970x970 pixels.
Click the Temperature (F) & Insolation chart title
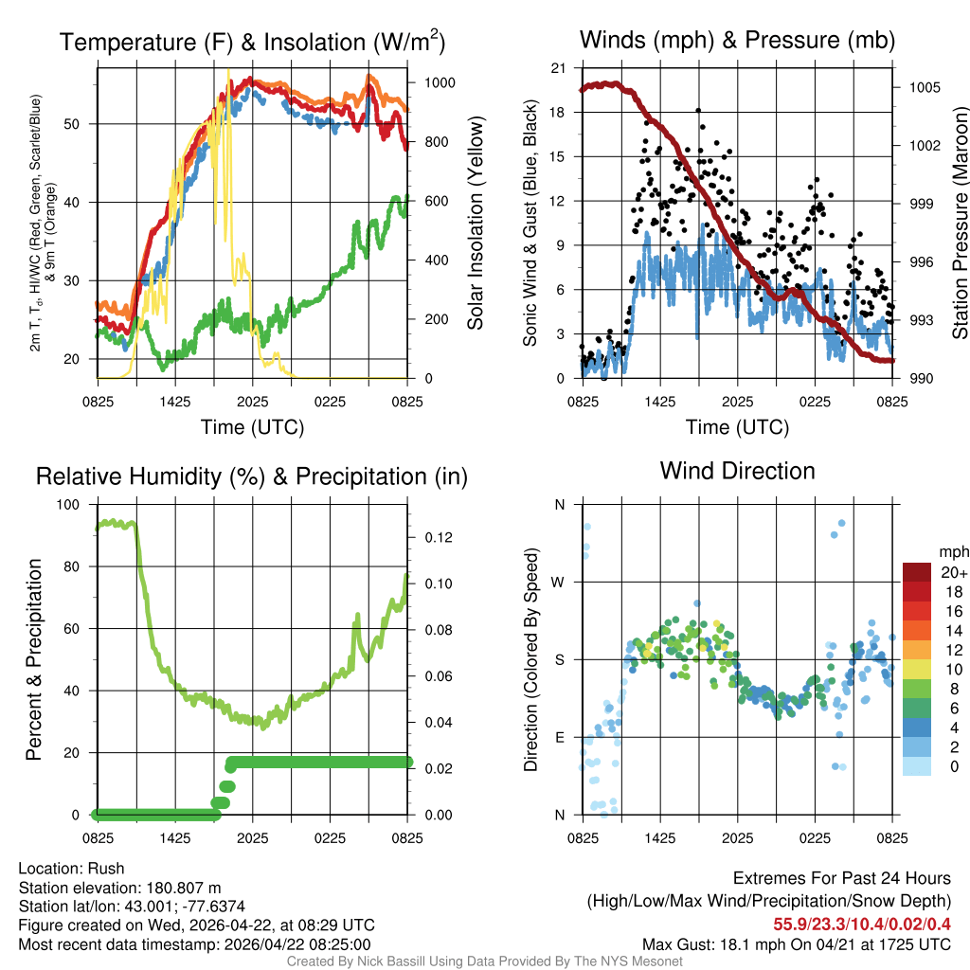252,42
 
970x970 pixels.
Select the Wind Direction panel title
737,471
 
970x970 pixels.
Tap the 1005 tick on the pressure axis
922,87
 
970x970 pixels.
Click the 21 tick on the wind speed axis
558,68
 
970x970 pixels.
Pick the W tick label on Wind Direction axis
559,582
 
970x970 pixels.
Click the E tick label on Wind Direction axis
560,737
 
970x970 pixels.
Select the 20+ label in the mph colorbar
953,572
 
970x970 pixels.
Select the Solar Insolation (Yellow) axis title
475,224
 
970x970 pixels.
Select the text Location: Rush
72,869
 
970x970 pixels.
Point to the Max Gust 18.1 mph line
797,943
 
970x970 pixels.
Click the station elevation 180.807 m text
119,888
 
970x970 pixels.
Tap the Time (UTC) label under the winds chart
737,427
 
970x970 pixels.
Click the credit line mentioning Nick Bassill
485,961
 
